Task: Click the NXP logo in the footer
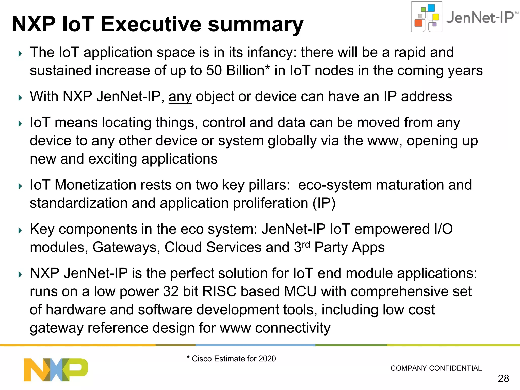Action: point(56,369)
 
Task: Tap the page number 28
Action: point(503,378)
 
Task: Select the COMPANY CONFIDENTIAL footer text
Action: point(436,368)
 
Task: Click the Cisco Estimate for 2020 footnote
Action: point(231,359)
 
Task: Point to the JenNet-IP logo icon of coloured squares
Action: point(427,17)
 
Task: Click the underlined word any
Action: point(180,97)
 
